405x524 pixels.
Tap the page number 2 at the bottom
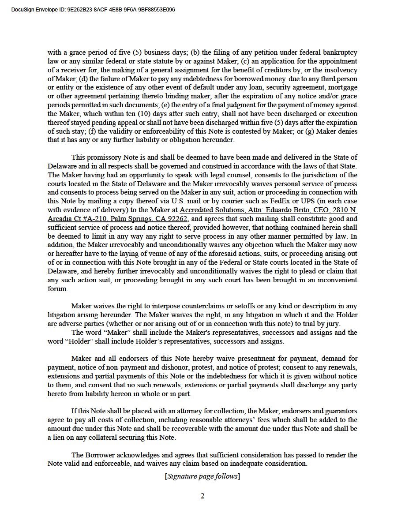pos(202,496)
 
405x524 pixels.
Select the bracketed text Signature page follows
pos(202,476)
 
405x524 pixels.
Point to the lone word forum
pos(57,289)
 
